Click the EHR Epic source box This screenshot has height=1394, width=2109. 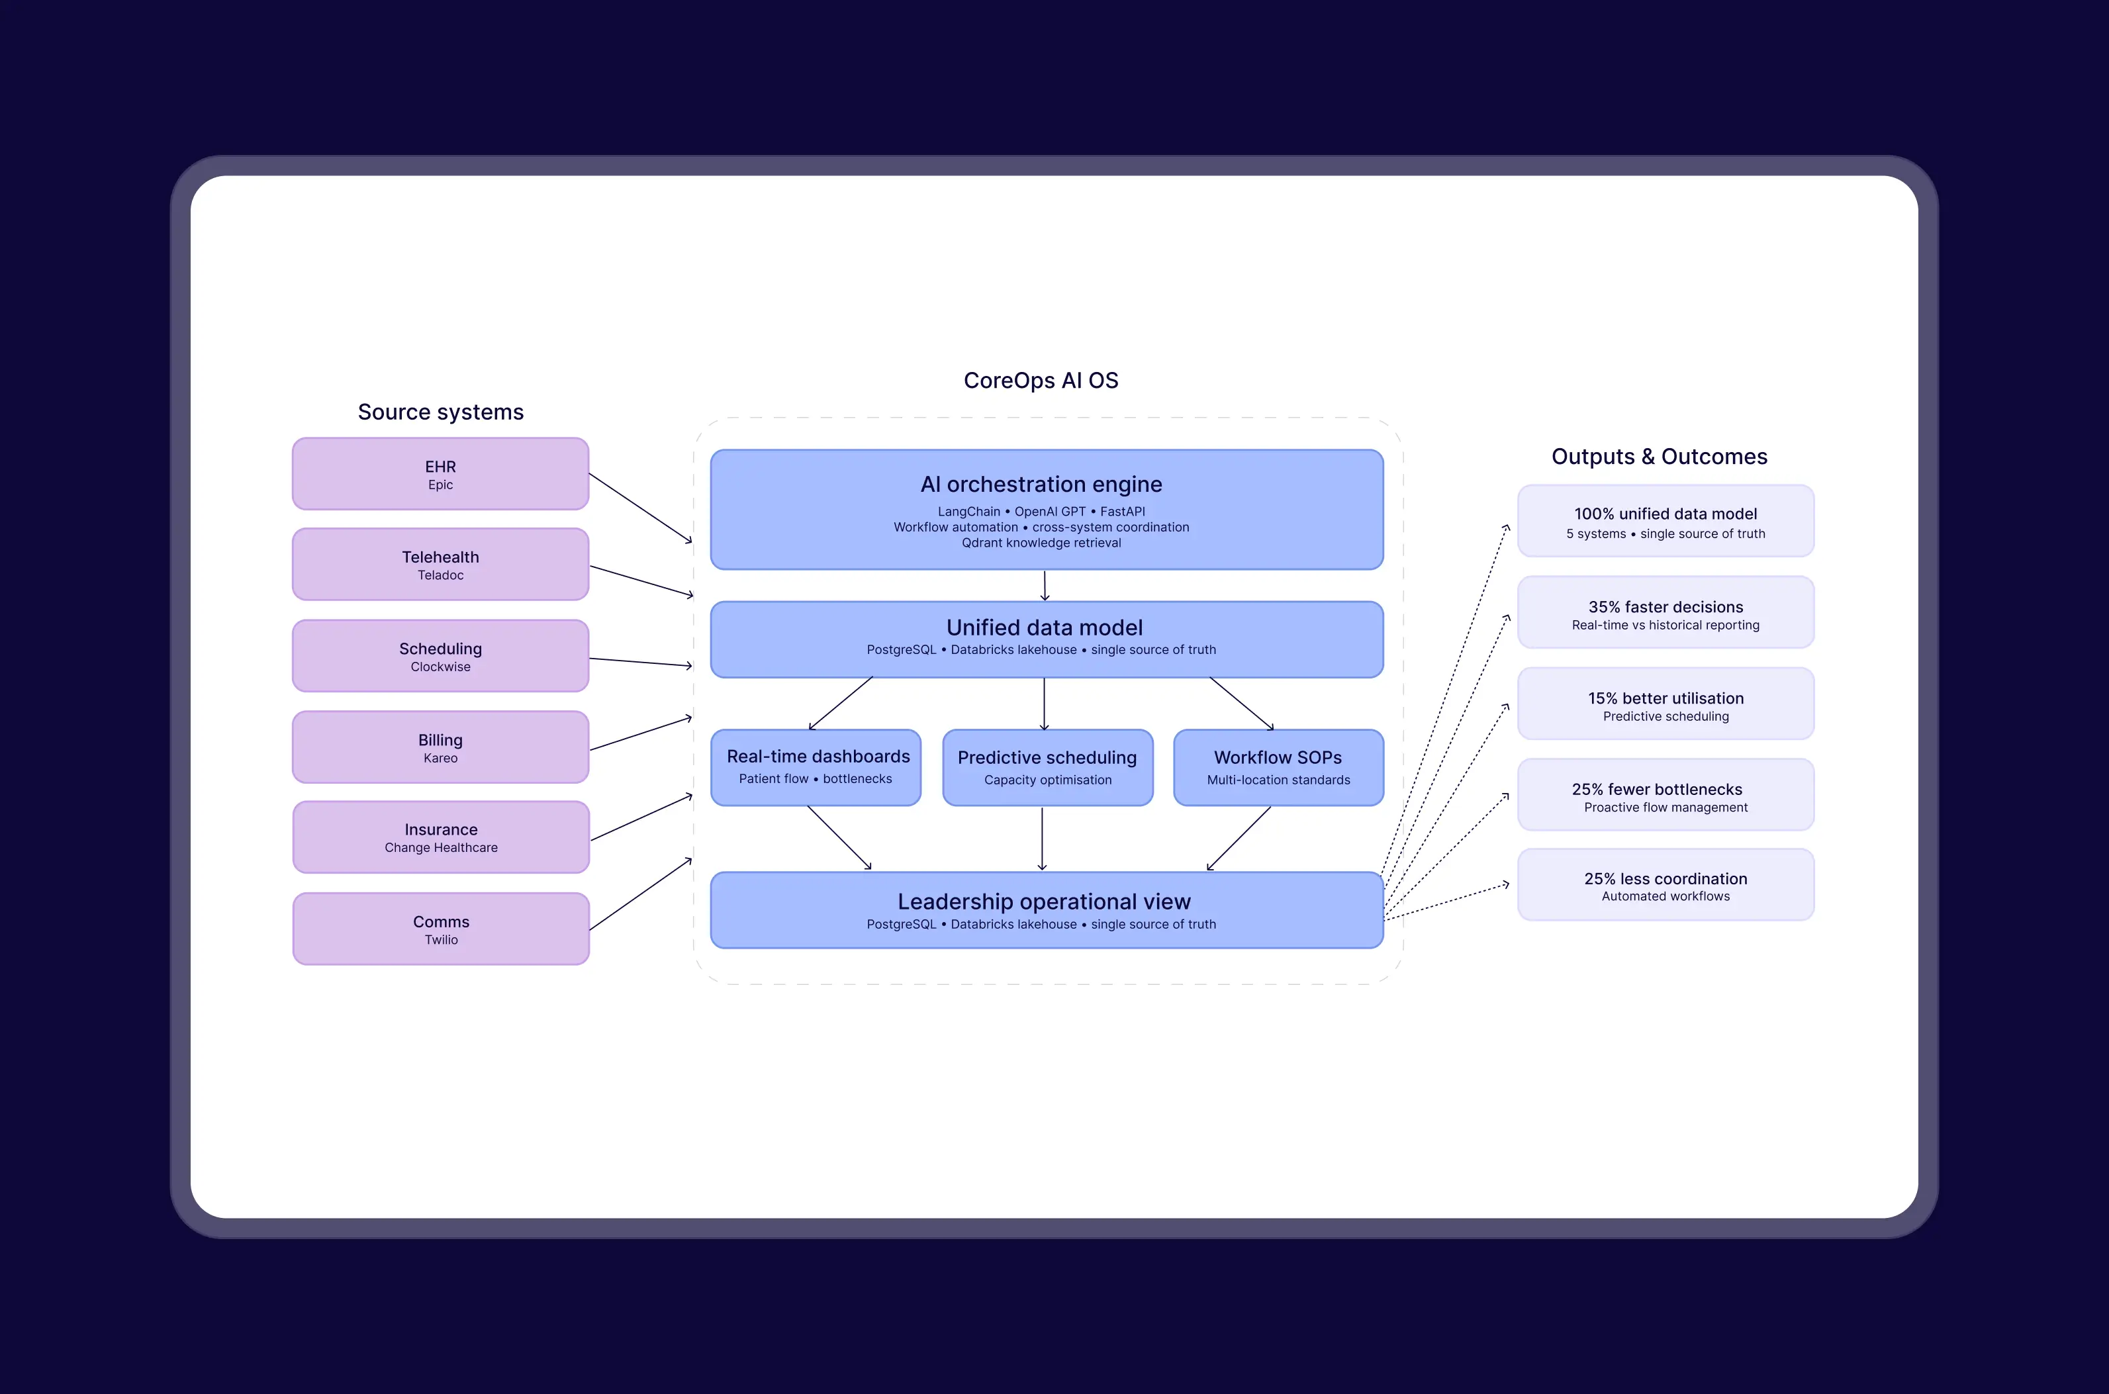click(x=440, y=474)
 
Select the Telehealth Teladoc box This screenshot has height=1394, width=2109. click(x=440, y=565)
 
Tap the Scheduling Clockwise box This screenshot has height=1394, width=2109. click(x=440, y=656)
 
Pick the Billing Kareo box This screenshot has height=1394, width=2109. click(x=440, y=747)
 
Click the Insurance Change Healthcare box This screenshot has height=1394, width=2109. click(x=441, y=837)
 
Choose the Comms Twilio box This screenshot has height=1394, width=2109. click(x=441, y=929)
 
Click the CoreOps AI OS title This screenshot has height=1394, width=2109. click(x=1041, y=381)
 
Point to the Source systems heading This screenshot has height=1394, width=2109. click(x=440, y=412)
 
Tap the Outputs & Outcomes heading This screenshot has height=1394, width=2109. click(x=1659, y=456)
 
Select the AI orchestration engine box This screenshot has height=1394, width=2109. click(x=1047, y=510)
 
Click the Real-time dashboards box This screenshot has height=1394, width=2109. click(x=816, y=767)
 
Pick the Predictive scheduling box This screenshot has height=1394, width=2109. click(x=1047, y=767)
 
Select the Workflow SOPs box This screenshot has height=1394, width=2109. click(x=1278, y=767)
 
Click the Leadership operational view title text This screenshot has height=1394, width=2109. click(x=1044, y=902)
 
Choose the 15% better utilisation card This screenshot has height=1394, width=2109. click(x=1665, y=704)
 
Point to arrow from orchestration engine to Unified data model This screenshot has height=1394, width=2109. click(x=1045, y=585)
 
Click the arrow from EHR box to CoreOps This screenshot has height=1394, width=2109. click(x=640, y=508)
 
